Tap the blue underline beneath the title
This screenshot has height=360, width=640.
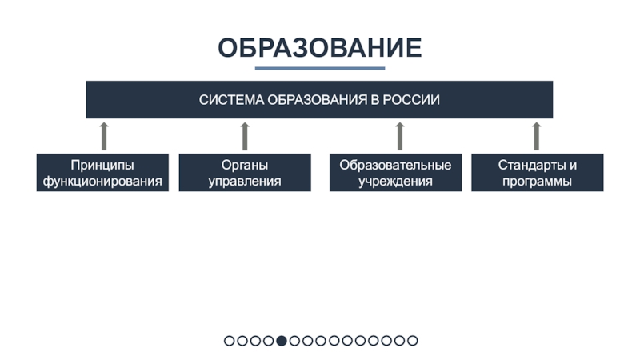click(x=319, y=69)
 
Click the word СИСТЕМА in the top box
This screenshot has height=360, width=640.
click(x=231, y=100)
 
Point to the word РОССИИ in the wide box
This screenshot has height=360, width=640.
click(x=414, y=100)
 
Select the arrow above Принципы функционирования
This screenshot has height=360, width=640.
click(x=103, y=136)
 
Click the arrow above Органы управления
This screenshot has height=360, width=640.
click(x=245, y=136)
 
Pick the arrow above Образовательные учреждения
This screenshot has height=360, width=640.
click(x=399, y=136)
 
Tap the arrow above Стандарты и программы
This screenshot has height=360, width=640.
click(x=537, y=136)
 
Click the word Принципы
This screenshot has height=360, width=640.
click(x=102, y=165)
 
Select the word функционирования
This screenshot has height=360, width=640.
click(x=102, y=182)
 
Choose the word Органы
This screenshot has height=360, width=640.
click(x=245, y=165)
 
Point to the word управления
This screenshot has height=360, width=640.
click(x=245, y=182)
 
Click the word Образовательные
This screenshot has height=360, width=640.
click(x=395, y=165)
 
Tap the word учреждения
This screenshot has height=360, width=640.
click(x=395, y=182)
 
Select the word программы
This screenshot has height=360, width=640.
click(x=537, y=182)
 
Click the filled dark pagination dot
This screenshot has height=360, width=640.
click(x=282, y=341)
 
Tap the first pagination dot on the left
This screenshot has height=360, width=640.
click(x=230, y=341)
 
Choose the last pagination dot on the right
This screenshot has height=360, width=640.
click(x=413, y=341)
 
